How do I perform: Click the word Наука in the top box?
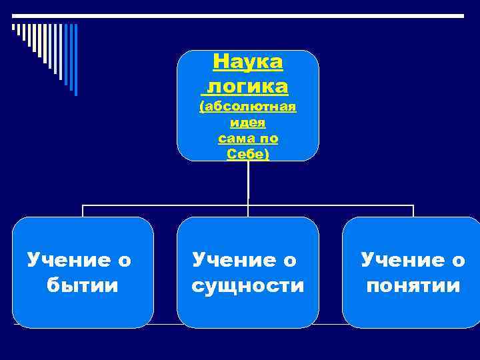(x=248, y=62)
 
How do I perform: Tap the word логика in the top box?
(x=248, y=86)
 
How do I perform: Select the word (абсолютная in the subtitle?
(x=248, y=107)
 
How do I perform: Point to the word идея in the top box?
(x=248, y=123)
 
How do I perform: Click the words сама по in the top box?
(x=248, y=139)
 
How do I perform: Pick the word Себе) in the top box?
(x=248, y=155)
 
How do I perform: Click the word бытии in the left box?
(x=83, y=286)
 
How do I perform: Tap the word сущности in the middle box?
(x=247, y=286)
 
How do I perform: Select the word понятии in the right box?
(x=413, y=286)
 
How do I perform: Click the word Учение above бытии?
(x=67, y=260)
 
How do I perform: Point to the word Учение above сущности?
(x=233, y=260)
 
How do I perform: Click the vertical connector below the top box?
(x=248, y=182)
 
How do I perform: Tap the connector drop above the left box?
(x=83, y=211)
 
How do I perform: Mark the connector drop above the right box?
(x=413, y=211)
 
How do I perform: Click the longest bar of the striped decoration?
(x=75, y=60)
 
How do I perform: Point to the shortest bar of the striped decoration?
(x=13, y=28)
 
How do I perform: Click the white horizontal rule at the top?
(x=240, y=15)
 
